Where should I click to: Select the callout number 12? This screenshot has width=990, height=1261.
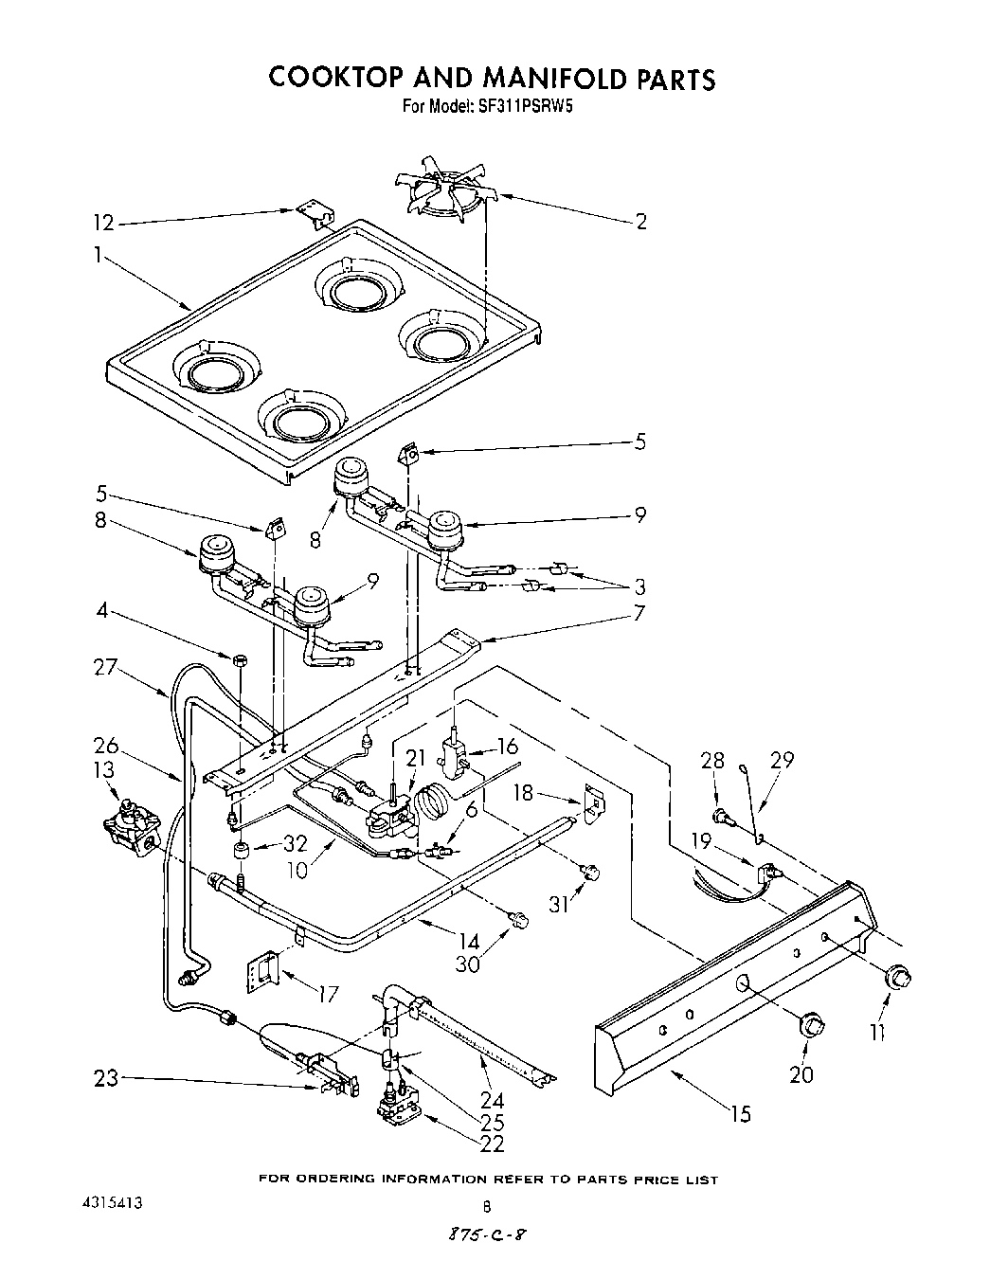pos(102,223)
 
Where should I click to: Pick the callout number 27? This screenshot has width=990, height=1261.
pos(105,667)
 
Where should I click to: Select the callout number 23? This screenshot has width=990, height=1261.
pos(105,1077)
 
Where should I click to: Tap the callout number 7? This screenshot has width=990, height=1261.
pos(639,613)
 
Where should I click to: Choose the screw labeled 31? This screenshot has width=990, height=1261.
pos(591,872)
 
